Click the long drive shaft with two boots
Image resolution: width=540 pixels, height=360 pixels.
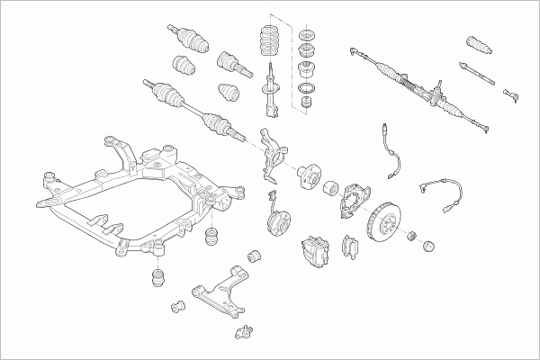click(x=193, y=104)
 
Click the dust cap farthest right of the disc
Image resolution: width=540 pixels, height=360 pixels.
click(x=428, y=245)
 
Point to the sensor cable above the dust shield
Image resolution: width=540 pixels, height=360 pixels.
click(x=390, y=148)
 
